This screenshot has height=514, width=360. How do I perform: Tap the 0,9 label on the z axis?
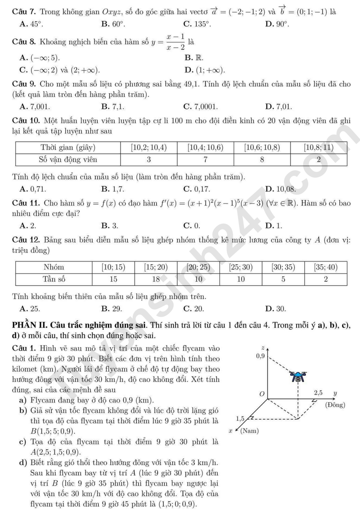(x=260, y=356)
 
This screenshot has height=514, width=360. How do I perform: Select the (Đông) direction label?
(x=335, y=405)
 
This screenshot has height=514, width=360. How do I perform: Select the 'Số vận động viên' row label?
(x=68, y=159)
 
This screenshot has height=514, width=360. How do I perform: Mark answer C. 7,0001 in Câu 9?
(x=201, y=107)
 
